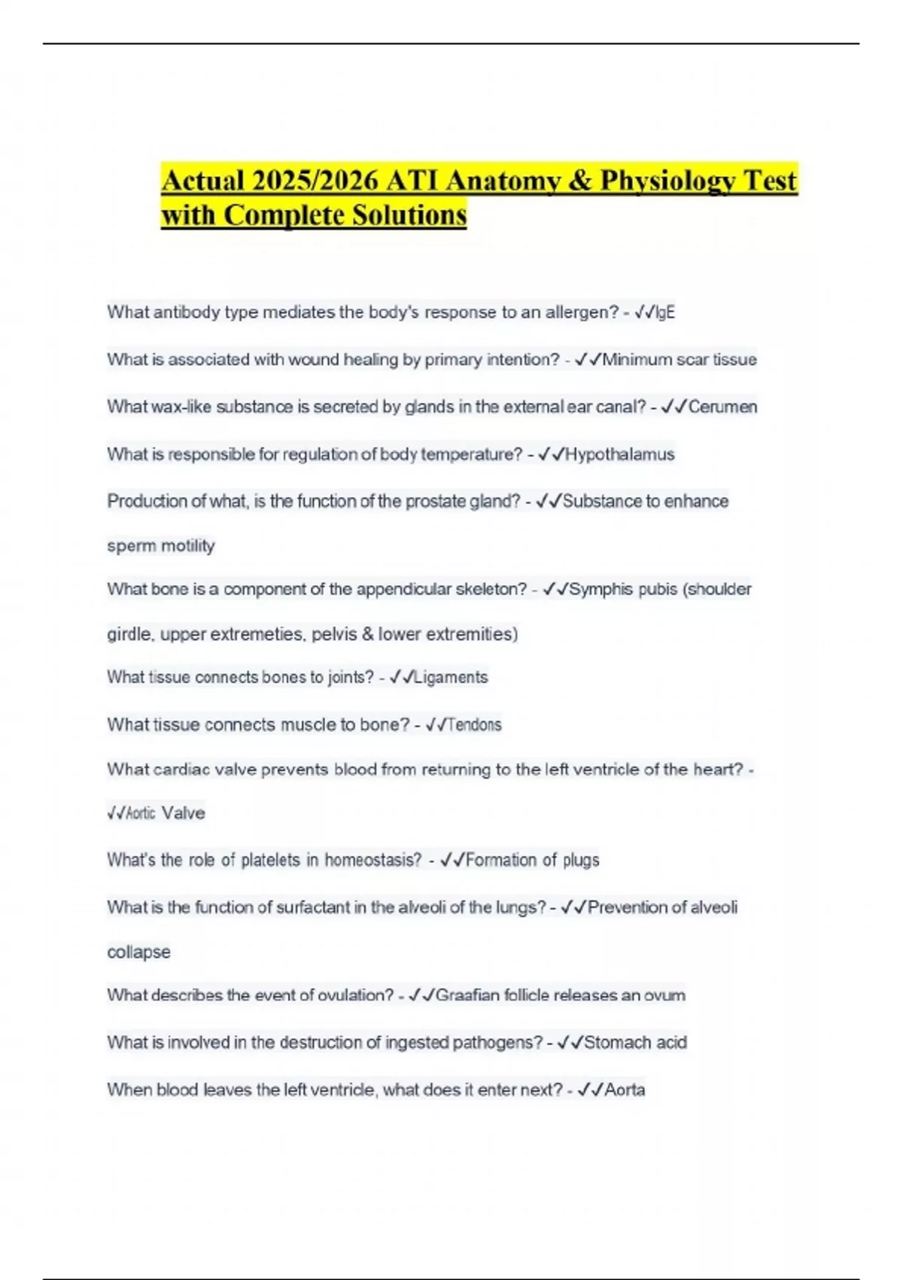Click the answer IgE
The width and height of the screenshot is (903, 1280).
[665, 312]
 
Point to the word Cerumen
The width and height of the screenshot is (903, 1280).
[723, 407]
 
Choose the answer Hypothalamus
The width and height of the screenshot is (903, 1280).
[619, 455]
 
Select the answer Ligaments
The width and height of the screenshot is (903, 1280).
[451, 678]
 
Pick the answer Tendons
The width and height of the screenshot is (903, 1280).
[474, 725]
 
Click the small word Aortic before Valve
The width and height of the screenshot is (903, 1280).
[141, 814]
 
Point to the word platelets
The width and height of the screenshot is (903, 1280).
[271, 861]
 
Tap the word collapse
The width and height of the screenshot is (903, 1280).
[138, 952]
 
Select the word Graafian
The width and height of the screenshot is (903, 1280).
[467, 996]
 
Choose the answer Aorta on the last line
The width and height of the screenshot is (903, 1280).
[625, 1090]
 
